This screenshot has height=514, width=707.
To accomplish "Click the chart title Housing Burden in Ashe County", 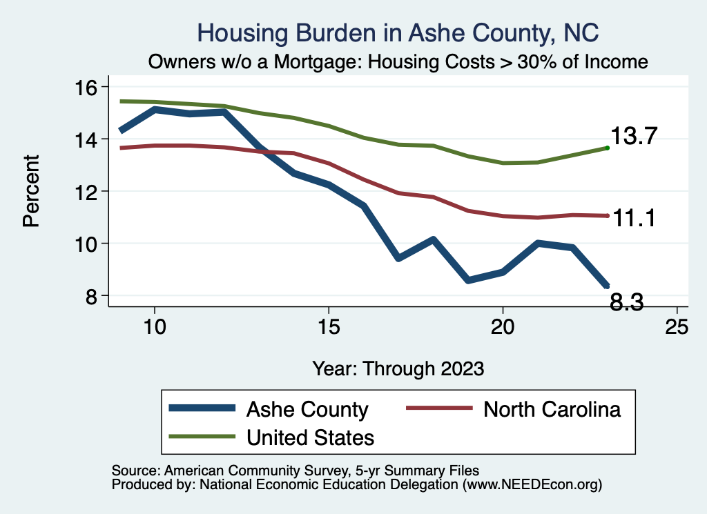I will (398, 32).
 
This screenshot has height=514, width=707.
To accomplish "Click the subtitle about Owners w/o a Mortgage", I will (398, 62).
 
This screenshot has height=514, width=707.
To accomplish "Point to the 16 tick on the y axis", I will (89, 87).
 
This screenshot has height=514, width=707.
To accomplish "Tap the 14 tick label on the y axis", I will (89, 139).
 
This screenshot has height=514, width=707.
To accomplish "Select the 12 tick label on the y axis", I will (89, 191).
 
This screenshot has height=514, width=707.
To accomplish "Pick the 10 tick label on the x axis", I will (155, 326).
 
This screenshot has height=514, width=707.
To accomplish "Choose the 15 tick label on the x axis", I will (329, 326).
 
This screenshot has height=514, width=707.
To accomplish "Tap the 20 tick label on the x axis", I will (503, 326).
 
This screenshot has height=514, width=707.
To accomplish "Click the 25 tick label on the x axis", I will (677, 326).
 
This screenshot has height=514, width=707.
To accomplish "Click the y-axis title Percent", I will (31, 191).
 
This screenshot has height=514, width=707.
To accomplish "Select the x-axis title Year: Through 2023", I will (398, 367).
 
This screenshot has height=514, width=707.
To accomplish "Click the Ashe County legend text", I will (307, 409).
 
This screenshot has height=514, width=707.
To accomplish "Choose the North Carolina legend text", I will (552, 409).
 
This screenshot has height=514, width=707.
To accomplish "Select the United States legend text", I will (310, 437).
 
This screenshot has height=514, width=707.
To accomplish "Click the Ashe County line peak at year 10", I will (155, 109).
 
